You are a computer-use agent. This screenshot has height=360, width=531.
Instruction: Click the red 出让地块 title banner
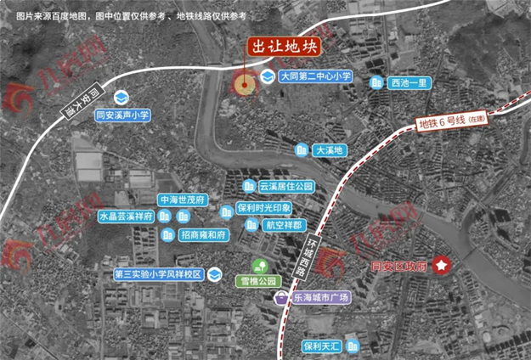coord(281,48)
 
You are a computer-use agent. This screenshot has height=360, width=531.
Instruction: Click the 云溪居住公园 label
coord(286,185)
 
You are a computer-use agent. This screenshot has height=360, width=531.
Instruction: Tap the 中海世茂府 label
coord(183,200)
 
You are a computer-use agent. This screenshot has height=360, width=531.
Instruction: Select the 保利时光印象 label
coord(263,208)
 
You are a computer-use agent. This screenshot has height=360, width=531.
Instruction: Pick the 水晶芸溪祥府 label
coord(125,217)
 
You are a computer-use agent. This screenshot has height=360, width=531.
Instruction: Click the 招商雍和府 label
coord(204,233)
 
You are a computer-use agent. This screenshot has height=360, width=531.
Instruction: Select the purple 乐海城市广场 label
coord(321,298)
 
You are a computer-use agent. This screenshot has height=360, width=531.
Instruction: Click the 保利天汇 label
coord(321,346)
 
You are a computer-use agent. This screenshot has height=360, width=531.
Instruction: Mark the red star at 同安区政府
coord(442,266)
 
